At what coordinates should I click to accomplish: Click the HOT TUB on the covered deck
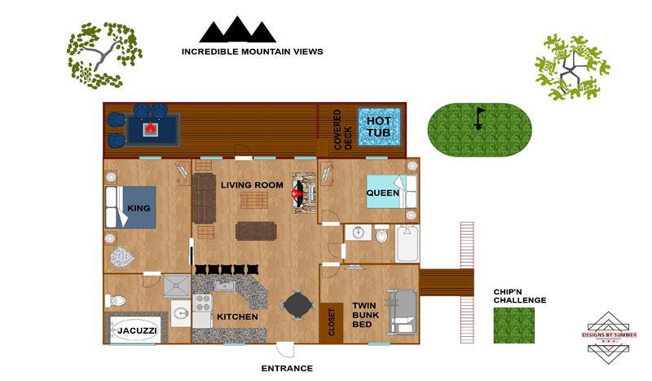(379, 127)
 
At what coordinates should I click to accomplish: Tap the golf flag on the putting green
(479, 118)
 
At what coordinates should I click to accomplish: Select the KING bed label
(139, 208)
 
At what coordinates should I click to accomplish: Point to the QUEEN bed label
(382, 193)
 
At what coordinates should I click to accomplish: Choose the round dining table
(297, 305)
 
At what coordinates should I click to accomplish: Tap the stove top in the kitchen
(202, 303)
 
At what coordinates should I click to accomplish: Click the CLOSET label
(332, 322)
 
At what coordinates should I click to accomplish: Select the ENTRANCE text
(287, 368)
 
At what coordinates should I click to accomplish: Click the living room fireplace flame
(297, 193)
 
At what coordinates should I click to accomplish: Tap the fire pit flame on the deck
(150, 127)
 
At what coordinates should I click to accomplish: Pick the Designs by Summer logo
(609, 337)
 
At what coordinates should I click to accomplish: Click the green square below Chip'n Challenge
(514, 326)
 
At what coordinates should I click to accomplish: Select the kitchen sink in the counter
(225, 286)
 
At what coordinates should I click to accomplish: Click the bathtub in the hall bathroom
(407, 243)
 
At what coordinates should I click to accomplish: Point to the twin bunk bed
(402, 312)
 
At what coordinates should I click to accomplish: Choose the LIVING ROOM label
(252, 185)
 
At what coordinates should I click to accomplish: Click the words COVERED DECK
(342, 130)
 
